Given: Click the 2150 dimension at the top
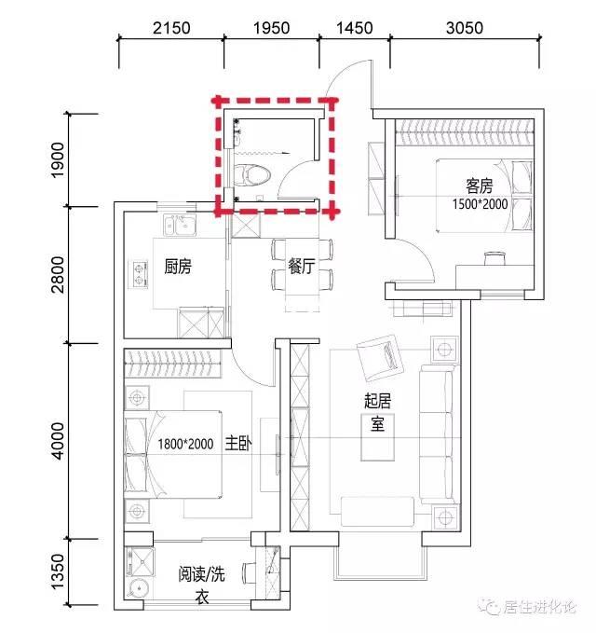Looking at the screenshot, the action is pyautogui.click(x=171, y=28).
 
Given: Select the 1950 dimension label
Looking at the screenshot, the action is pyautogui.click(x=271, y=28).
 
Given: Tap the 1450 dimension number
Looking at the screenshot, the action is pyautogui.click(x=355, y=28).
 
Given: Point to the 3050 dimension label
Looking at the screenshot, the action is pyautogui.click(x=465, y=28).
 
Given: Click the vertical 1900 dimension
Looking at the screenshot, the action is pyautogui.click(x=58, y=159).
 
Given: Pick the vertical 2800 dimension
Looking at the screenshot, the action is pyautogui.click(x=58, y=274).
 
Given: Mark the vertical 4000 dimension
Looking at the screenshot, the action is pyautogui.click(x=58, y=441).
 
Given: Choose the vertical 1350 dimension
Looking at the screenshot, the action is pyautogui.click(x=58, y=571).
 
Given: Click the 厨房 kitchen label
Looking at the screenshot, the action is pyautogui.click(x=178, y=267).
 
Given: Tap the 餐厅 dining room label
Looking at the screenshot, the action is pyautogui.click(x=301, y=267).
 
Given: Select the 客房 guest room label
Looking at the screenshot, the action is pyautogui.click(x=479, y=186).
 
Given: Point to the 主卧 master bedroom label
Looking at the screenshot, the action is pyautogui.click(x=238, y=443).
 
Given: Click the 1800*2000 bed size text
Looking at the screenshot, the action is pyautogui.click(x=185, y=444).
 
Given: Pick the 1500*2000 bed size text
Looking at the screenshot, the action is pyautogui.click(x=480, y=204).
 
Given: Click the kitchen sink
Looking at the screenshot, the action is pyautogui.click(x=180, y=225).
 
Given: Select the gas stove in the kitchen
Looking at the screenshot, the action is pyautogui.click(x=139, y=274).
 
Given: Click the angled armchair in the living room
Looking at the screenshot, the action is pyautogui.click(x=380, y=358).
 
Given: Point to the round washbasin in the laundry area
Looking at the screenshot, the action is pyautogui.click(x=138, y=589).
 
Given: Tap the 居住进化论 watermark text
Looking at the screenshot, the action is pyautogui.click(x=539, y=607).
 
